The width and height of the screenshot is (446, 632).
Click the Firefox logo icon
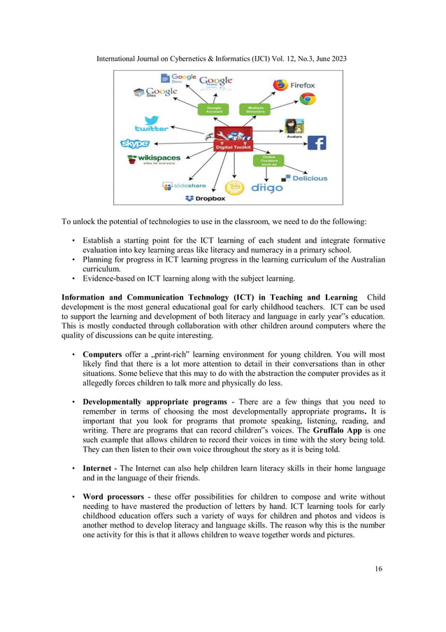pos(280,85)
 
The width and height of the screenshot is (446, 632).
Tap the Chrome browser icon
pos(308,99)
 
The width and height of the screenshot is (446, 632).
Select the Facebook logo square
pos(317,143)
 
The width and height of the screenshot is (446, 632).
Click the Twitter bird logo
pos(151,124)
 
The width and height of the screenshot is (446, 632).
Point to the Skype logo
pos(135,143)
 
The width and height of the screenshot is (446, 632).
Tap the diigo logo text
pos(266,188)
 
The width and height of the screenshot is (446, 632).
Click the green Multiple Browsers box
pos(252,110)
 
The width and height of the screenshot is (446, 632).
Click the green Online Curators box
pos(268,160)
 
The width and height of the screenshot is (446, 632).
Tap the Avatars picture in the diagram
pos(294,127)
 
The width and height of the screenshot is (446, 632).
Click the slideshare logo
pos(185,186)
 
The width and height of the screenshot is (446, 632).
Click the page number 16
pos(378,569)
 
